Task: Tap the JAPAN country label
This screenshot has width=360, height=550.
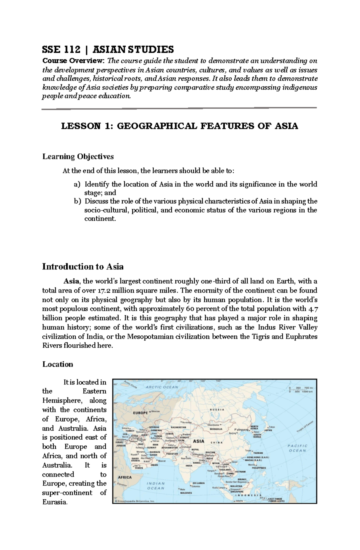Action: pos(268,430)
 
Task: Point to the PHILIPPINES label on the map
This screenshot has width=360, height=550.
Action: pos(259,468)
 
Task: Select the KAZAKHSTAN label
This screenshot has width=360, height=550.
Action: pos(178,427)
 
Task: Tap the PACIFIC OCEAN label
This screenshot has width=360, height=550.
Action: pos(297,448)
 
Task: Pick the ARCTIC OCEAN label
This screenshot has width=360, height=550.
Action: pos(158,387)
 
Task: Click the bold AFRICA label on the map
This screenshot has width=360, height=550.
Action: pos(124,477)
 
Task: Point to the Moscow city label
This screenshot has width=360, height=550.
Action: pos(155,411)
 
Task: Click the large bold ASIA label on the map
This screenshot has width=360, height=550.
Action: pos(198,441)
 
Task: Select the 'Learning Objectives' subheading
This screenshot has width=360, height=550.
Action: pos(78,156)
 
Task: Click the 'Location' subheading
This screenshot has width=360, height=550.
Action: pos(58,364)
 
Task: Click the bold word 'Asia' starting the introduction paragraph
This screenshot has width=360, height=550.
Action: pos(71,281)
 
